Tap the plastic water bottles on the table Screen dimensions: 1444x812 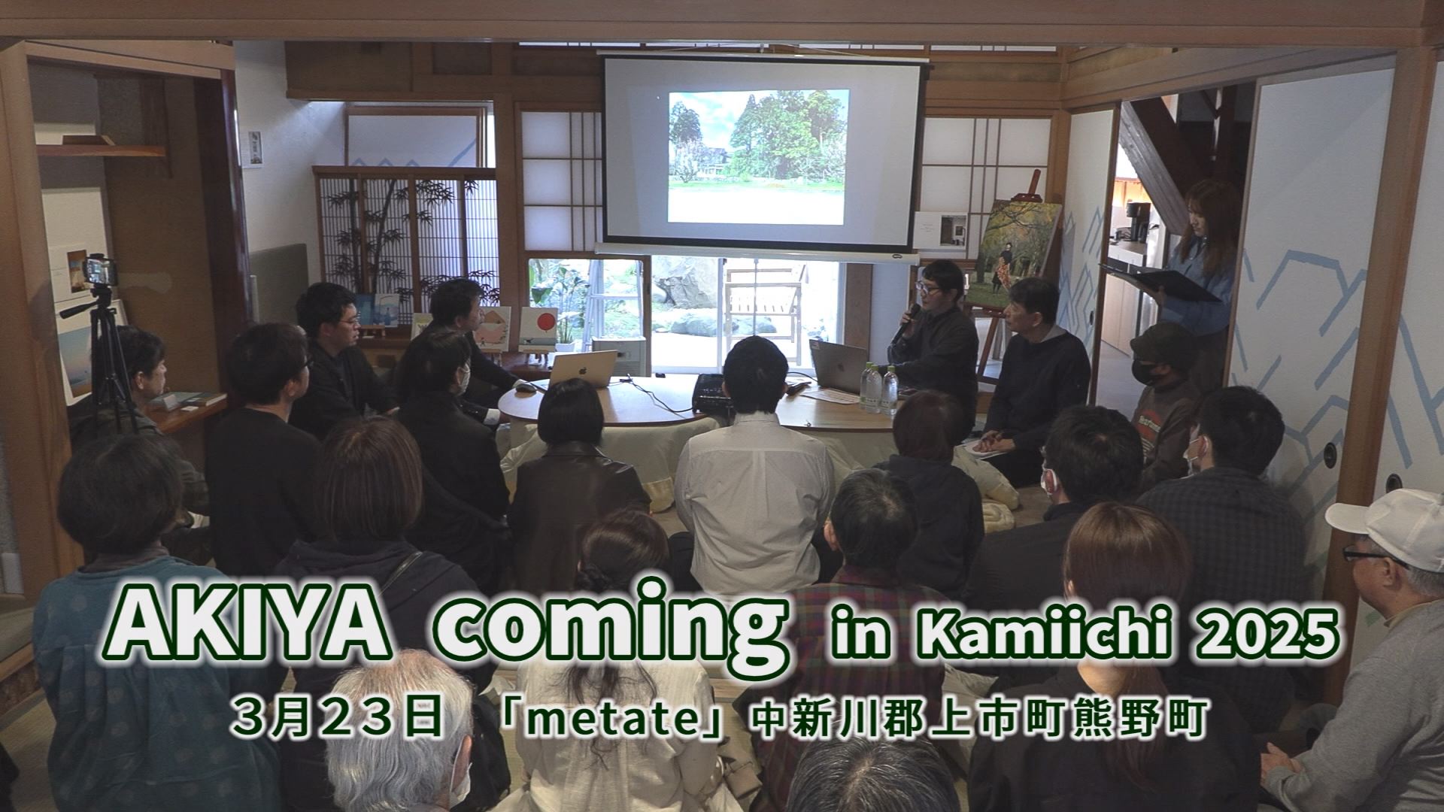click(880, 387)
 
